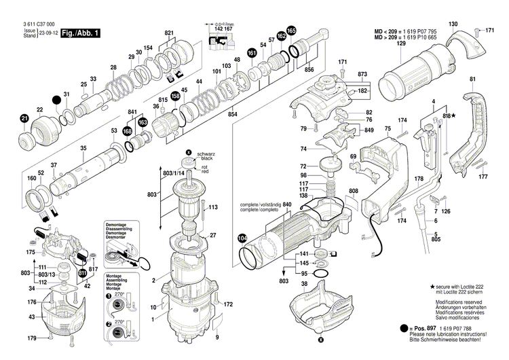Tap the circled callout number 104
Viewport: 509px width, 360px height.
(242, 238)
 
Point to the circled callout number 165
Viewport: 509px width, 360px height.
(291, 31)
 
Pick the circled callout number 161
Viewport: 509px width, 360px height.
(252, 53)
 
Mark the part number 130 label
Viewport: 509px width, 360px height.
(453, 24)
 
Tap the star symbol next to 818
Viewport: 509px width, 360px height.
(454, 118)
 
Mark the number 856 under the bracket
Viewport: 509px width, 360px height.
(309, 70)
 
